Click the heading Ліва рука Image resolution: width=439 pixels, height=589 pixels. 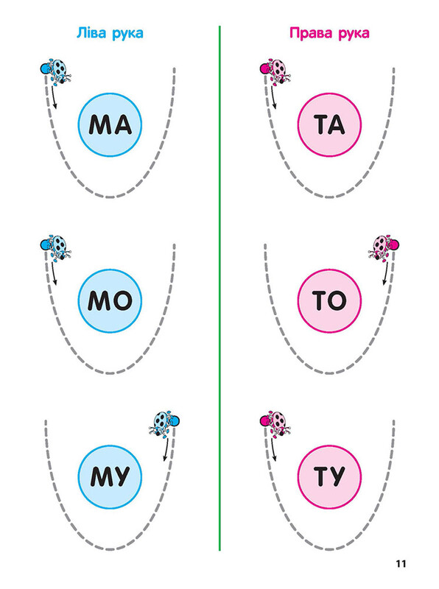pyautogui.click(x=110, y=33)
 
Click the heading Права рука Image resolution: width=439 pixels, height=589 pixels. pyautogui.click(x=329, y=33)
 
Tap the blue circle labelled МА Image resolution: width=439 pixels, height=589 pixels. pyautogui.click(x=110, y=124)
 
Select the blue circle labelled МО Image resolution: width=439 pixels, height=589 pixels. pyautogui.click(x=110, y=301)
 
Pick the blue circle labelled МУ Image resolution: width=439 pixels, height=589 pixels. pyautogui.click(x=110, y=476)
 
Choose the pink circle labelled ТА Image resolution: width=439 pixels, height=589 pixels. pyautogui.click(x=329, y=124)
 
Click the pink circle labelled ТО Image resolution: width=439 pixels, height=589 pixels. pyautogui.click(x=329, y=301)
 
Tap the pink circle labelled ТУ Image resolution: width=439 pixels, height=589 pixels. pyautogui.click(x=329, y=476)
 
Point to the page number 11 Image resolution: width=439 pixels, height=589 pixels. pyautogui.click(x=401, y=563)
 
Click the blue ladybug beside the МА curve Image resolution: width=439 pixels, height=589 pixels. pyautogui.click(x=56, y=70)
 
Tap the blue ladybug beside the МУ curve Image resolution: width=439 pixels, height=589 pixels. pyautogui.click(x=164, y=423)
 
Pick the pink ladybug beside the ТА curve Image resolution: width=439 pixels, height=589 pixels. pyautogui.click(x=275, y=71)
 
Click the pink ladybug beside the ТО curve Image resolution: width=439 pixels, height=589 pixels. pyautogui.click(x=383, y=247)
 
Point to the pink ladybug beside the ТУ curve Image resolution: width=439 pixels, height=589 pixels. pyautogui.click(x=275, y=423)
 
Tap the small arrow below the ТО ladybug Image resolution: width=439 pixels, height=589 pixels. pyautogui.click(x=385, y=273)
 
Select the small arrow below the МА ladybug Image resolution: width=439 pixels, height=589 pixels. pyautogui.click(x=55, y=98)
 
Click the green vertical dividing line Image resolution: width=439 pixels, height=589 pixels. pyautogui.click(x=219, y=288)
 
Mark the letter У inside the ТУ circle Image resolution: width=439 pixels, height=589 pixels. pyautogui.click(x=337, y=476)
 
